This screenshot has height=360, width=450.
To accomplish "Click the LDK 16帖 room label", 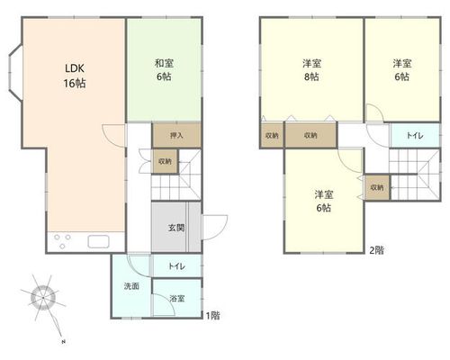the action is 75,76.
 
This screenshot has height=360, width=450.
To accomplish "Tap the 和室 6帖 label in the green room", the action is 164,70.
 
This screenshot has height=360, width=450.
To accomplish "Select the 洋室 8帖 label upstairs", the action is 311,70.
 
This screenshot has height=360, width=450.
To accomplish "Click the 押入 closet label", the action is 176,135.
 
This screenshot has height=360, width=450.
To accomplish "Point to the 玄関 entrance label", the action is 176,228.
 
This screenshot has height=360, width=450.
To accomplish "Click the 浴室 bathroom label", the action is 177,299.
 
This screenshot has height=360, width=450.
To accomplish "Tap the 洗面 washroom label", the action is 131,286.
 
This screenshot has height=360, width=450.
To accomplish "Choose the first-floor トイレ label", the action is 176,266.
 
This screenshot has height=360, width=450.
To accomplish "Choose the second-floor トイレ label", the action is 415,136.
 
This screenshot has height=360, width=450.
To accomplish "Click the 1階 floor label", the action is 212,315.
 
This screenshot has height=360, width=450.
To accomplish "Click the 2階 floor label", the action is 376,250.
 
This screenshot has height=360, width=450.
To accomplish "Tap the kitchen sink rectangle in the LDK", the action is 98,241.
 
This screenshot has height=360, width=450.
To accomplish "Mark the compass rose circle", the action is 43,298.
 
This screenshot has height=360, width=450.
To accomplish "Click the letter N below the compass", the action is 63,342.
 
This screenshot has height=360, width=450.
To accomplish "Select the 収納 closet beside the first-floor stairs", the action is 166,161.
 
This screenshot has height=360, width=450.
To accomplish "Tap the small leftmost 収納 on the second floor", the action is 272,135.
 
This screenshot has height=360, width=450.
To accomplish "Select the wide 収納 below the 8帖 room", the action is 310,135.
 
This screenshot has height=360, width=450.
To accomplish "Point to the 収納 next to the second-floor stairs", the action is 377,187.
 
